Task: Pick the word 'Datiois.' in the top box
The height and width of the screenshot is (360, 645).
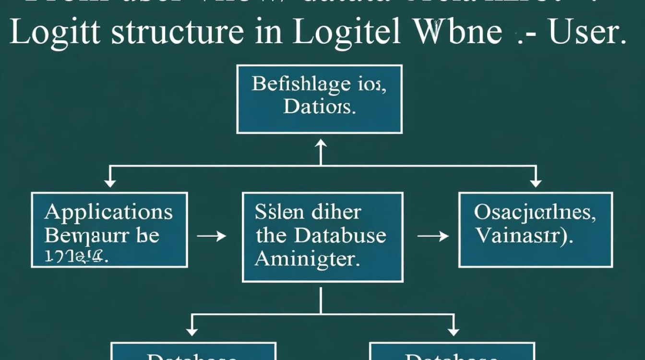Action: [319, 106]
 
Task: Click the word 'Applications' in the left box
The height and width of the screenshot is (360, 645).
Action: [108, 212]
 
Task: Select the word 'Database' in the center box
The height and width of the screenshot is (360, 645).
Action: [340, 235]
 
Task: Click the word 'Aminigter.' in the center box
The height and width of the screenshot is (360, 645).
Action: [307, 259]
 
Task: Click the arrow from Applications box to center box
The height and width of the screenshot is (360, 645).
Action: [211, 236]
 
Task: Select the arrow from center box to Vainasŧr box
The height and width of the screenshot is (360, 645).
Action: [432, 236]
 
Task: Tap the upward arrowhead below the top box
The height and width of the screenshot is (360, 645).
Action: [320, 144]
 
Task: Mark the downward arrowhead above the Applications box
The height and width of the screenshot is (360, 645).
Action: [110, 183]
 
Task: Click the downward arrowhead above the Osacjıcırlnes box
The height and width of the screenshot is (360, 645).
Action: [536, 183]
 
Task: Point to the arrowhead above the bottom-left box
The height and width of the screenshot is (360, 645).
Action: [192, 331]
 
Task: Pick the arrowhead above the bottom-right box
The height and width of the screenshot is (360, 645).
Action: [452, 331]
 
